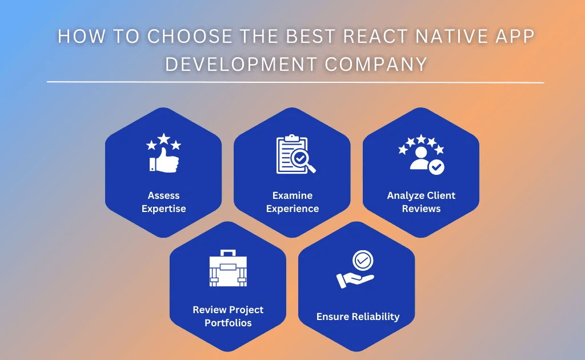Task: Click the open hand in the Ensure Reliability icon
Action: point(355,279)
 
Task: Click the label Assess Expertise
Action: point(163,202)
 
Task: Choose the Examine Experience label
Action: point(292,202)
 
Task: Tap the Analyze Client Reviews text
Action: point(421,202)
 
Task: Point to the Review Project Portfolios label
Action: point(228,316)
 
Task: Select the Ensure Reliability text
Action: point(358,316)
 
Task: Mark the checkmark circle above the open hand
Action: point(362,261)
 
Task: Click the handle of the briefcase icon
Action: point(229,253)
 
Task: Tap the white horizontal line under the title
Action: point(295,82)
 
